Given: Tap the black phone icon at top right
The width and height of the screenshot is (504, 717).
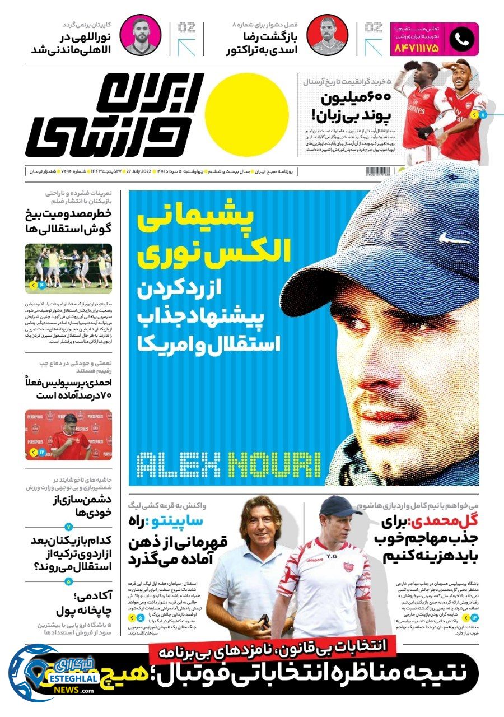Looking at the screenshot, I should pyautogui.click(x=462, y=39).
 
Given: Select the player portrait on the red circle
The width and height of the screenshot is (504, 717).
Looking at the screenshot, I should pyautogui.click(x=327, y=35).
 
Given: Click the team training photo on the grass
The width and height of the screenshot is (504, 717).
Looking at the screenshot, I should pyautogui.click(x=68, y=269).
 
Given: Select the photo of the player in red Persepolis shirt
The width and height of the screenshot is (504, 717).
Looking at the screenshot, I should pyautogui.click(x=68, y=435).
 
